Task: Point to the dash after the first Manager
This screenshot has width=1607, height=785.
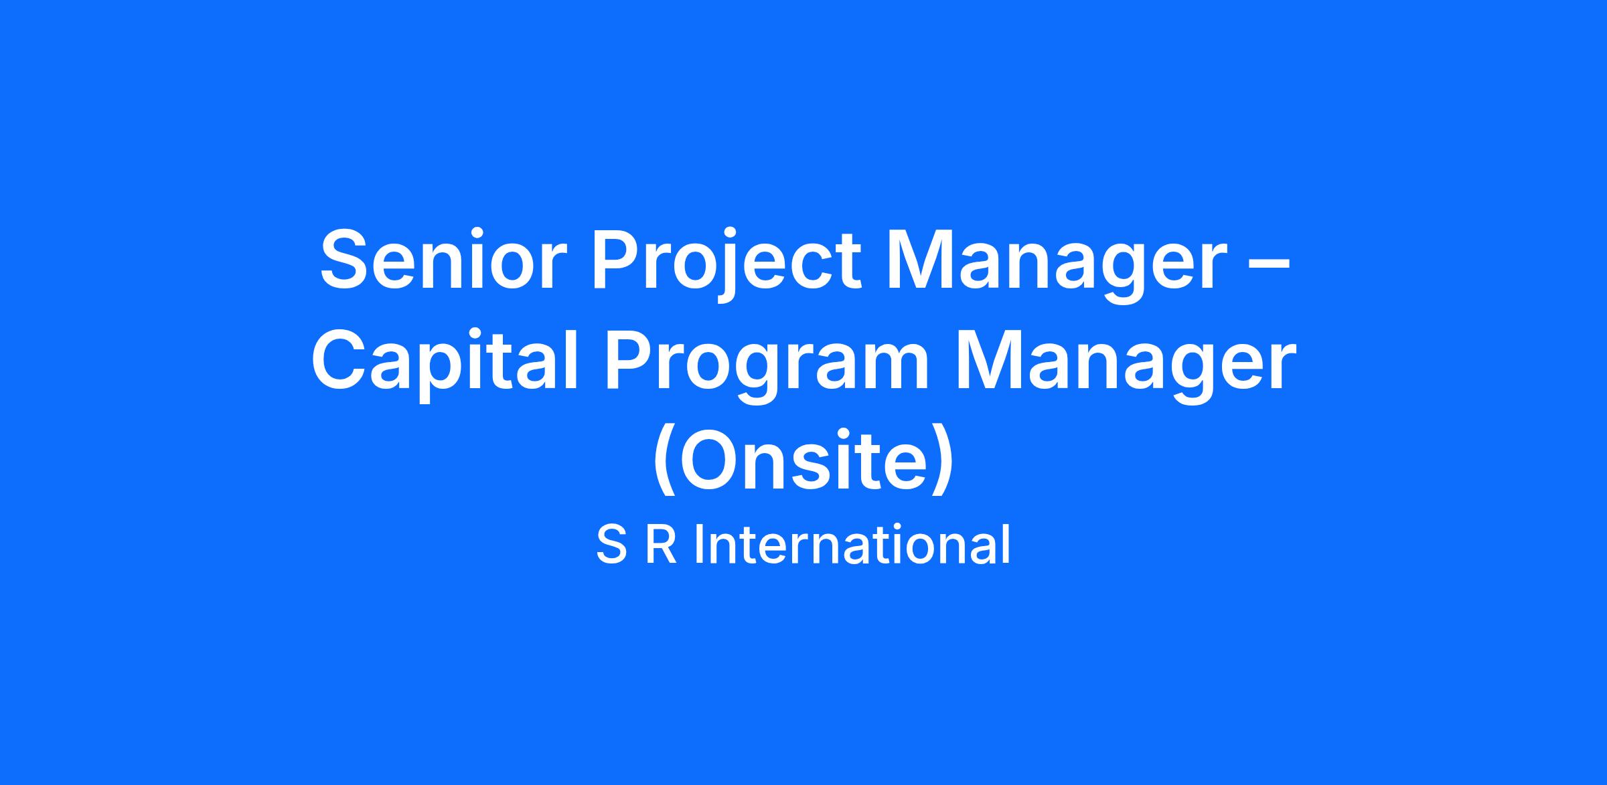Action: (1270, 265)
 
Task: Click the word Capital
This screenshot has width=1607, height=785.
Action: (445, 363)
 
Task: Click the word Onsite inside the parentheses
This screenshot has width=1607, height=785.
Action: (803, 462)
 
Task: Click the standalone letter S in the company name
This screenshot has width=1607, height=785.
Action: (611, 545)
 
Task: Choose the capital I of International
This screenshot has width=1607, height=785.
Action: (698, 545)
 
